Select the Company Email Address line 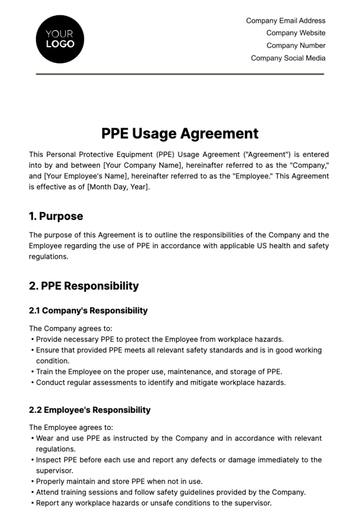coord(286,20)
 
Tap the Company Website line coord(296,33)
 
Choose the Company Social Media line coord(288,58)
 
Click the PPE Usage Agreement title coord(180,133)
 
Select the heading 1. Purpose coord(56,215)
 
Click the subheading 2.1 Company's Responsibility coord(88,311)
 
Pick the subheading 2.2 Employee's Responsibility coord(90,409)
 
